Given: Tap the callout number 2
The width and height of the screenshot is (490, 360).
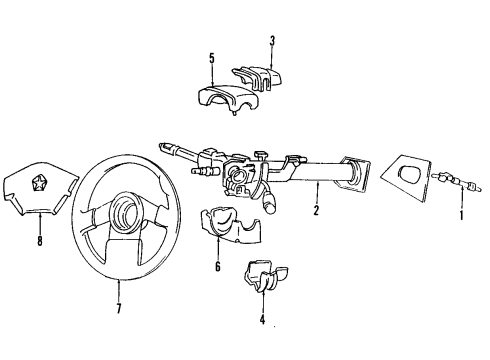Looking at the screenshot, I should (x=316, y=212).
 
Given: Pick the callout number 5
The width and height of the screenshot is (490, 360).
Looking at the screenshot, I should (x=212, y=58).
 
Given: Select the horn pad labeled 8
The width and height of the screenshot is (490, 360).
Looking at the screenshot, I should (x=47, y=190).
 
